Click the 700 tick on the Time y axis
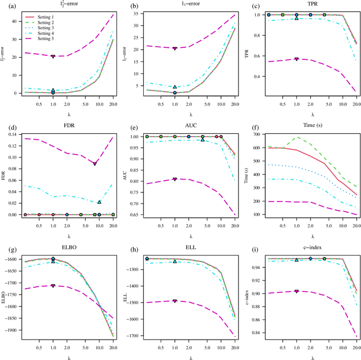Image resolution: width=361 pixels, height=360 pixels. (253, 134)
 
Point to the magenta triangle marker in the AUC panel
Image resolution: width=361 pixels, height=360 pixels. (175, 179)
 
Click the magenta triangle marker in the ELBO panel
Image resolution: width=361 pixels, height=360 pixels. (53, 286)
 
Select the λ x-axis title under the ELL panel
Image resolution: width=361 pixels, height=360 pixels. (191, 357)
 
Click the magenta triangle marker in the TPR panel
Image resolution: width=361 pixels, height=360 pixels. (297, 59)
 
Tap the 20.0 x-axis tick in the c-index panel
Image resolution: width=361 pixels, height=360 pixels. (355, 348)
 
